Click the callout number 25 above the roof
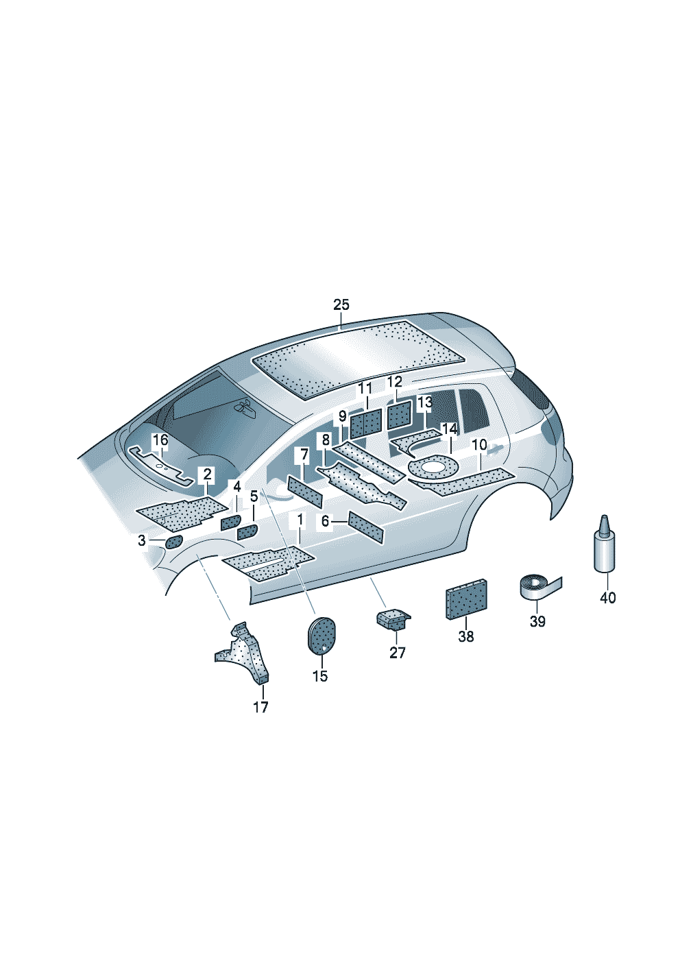(x=341, y=304)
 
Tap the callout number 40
(x=607, y=598)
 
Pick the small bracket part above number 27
(x=393, y=619)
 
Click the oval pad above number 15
(x=319, y=635)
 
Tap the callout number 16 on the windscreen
(x=160, y=440)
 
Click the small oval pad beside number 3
(x=173, y=542)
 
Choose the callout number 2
(x=206, y=474)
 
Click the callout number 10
(x=479, y=445)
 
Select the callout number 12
(x=395, y=382)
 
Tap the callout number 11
(x=364, y=389)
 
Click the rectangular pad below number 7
(x=304, y=491)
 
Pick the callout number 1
(x=300, y=520)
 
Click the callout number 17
(x=260, y=707)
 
